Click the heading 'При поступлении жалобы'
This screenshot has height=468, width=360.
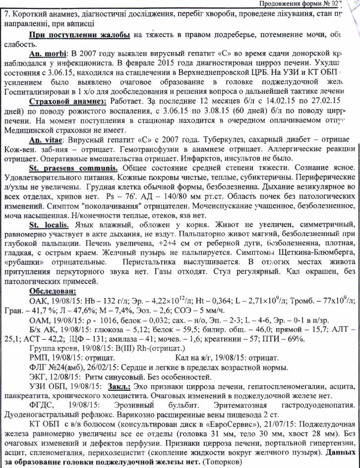click(80, 35)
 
